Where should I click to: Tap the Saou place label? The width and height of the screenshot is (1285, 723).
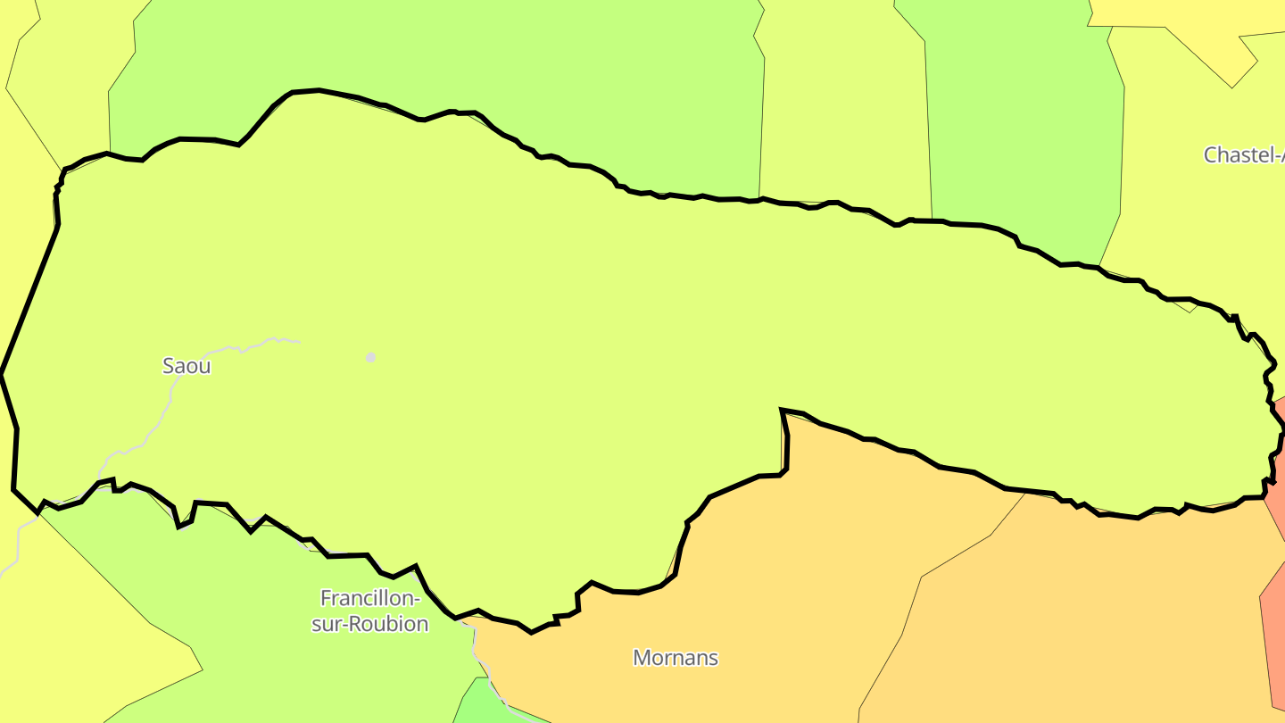coord(187,366)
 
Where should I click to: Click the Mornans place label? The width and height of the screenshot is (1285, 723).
coord(676,658)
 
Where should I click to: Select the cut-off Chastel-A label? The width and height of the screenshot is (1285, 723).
coord(1243,154)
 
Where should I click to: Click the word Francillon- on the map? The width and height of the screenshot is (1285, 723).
coord(369,598)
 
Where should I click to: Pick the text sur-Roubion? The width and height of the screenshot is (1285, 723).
coord(369,624)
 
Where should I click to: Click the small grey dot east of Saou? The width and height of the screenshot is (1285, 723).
coord(370,357)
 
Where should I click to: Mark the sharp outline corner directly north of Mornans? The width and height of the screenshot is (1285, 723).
coord(782,411)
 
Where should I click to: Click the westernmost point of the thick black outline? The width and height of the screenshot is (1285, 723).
coord(2,374)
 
